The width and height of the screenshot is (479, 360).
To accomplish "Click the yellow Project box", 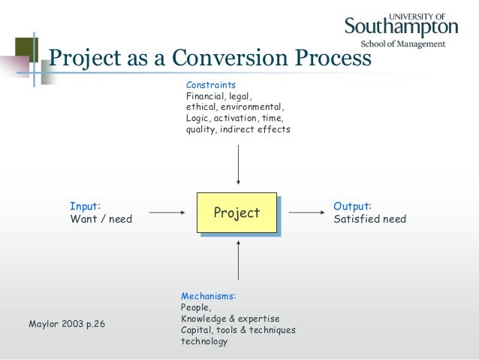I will pos(236,213).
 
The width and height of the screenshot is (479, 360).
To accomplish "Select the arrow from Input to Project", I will pos(167,213).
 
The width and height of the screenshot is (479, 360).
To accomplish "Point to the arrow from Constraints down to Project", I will pos(238,165).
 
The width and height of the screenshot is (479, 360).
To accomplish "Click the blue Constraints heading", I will pos(211,85).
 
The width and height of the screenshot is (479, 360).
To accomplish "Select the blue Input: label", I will pos(86,206).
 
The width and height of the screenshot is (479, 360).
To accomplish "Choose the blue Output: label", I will pos(352,206).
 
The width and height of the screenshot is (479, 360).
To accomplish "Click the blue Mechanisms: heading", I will pos(209,296).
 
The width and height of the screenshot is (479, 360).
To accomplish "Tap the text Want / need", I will pos(101,219).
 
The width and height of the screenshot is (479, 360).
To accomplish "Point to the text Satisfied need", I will pos(369,219).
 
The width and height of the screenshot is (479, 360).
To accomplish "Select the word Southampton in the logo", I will pos(401,28).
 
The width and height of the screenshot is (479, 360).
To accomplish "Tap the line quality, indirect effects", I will pos(238,129).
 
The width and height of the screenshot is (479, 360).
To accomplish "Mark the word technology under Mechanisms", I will pos(204,341).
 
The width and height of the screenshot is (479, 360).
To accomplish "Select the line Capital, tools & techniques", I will pos(238,330).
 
